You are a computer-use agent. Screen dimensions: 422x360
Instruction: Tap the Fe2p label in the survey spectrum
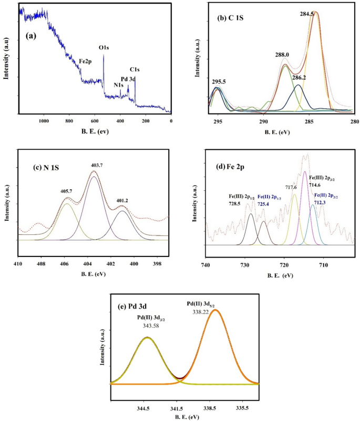(x=86, y=61)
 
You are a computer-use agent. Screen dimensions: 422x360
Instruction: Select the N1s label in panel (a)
(x=118, y=85)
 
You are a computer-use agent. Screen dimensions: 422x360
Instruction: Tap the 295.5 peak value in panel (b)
(x=220, y=82)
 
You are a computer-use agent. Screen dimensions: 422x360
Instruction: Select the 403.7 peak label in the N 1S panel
(x=95, y=165)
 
